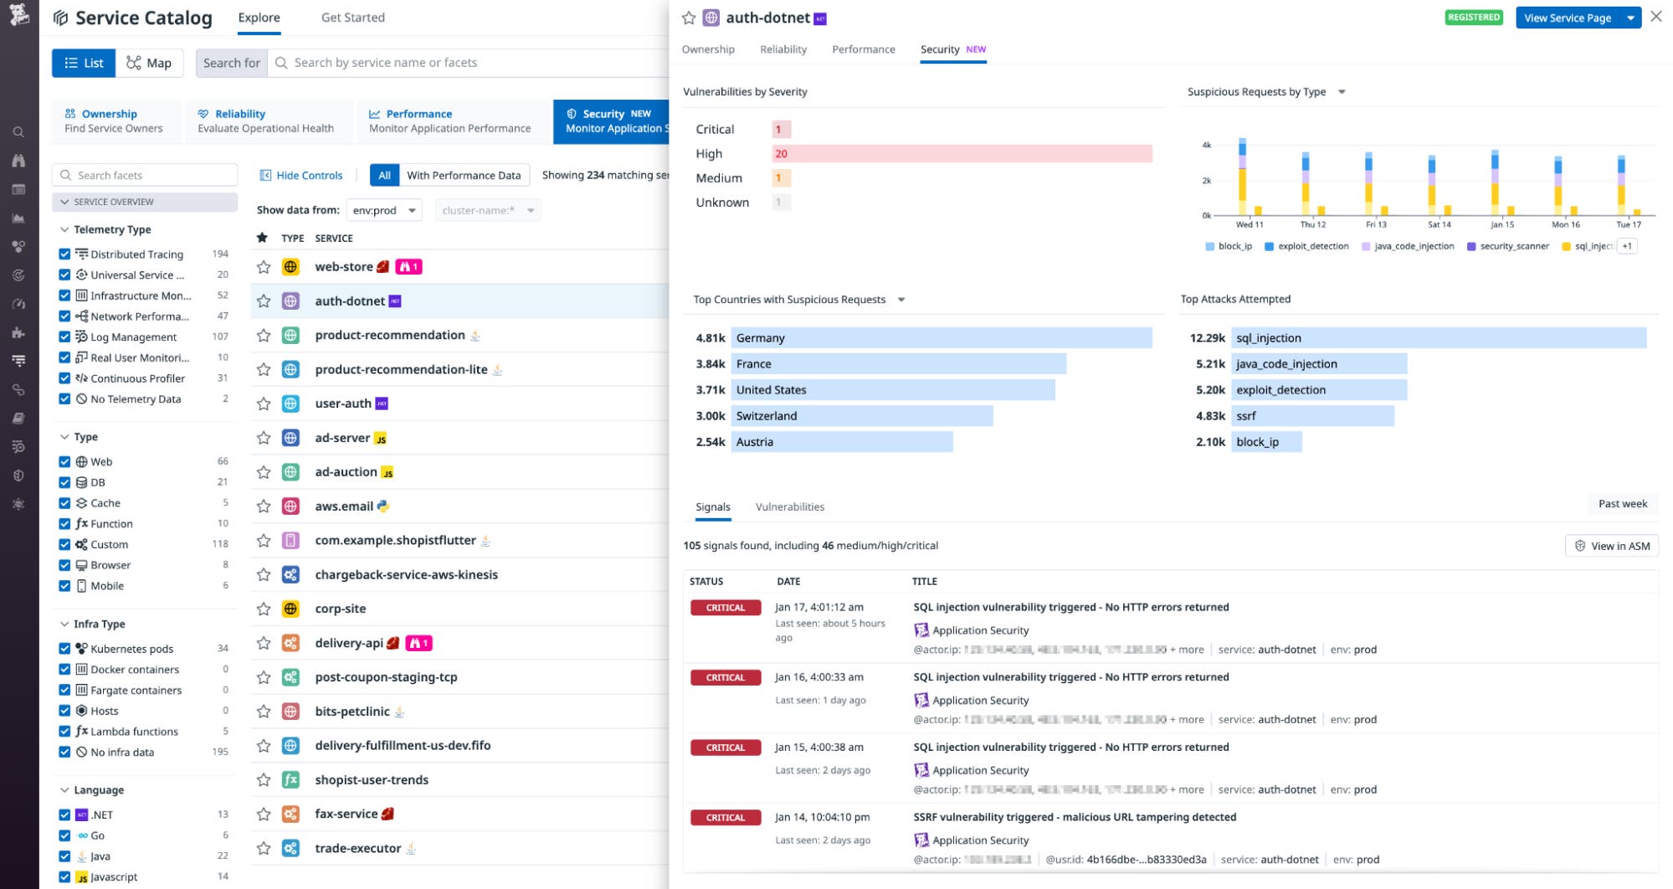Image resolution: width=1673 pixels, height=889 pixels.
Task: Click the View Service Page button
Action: coord(1567,18)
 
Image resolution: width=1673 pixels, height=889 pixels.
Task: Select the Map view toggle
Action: coord(149,63)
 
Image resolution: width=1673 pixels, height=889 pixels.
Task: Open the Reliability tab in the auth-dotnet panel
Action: coord(783,49)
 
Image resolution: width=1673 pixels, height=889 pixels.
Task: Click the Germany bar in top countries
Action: coord(941,338)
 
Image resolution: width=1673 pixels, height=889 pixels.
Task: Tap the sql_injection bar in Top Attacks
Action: coord(1438,338)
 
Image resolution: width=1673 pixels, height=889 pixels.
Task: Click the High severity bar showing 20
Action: coord(961,154)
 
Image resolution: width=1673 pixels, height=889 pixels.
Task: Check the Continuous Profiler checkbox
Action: coord(64,378)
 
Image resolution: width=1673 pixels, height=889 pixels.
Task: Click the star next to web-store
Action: coord(264,267)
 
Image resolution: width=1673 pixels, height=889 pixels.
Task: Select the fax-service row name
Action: coord(346,814)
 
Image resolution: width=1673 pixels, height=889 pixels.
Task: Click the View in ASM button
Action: coord(1612,546)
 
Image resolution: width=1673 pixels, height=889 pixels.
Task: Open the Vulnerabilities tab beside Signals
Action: coord(789,507)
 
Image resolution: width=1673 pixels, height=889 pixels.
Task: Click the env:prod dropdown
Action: coord(384,211)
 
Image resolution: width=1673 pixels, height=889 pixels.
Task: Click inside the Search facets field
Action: coord(151,176)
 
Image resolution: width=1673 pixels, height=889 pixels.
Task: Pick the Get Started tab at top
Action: coord(352,18)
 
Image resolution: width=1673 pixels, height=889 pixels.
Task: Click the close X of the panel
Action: coord(1655,17)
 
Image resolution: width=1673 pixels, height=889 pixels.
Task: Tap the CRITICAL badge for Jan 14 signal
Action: coord(725,818)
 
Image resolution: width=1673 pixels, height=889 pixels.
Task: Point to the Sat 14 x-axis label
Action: coord(1439,224)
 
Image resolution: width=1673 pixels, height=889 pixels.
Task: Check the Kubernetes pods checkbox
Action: coord(64,649)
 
